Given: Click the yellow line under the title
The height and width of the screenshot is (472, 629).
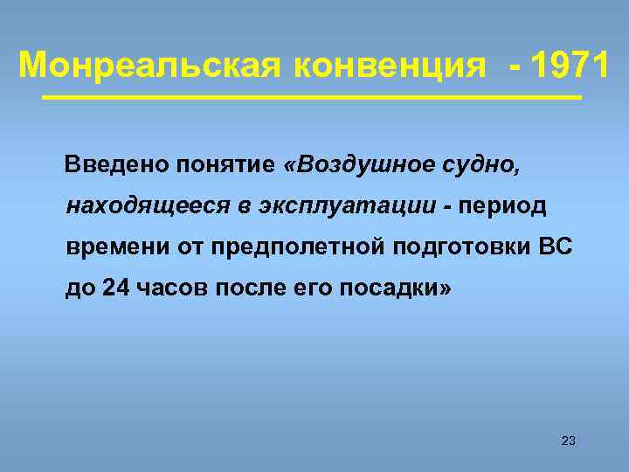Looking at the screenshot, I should click(x=312, y=97).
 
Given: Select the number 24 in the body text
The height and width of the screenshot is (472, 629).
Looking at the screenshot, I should click(x=114, y=288).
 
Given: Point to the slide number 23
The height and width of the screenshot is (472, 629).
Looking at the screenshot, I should click(x=568, y=441).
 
